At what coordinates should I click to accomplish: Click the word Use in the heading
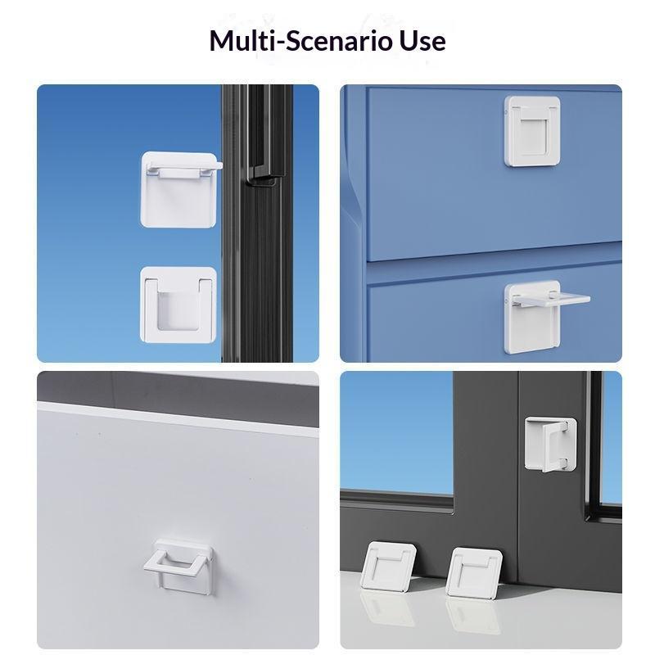(422, 41)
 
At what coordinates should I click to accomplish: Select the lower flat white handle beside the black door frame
(178, 305)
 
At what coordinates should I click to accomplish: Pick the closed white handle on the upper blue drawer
(532, 131)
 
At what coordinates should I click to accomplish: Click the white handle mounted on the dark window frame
(550, 444)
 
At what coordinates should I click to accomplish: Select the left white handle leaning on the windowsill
(388, 567)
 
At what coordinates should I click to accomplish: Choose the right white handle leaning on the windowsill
(473, 572)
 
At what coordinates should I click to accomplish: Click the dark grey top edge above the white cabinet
(178, 386)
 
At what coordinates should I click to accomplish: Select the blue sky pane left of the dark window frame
(397, 433)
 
